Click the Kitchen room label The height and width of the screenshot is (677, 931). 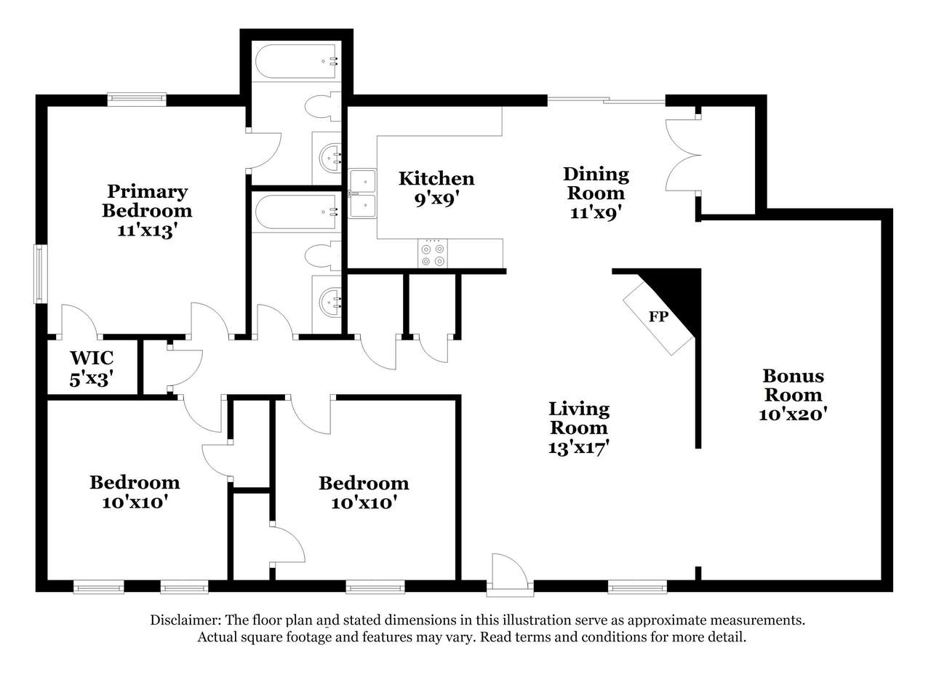436,179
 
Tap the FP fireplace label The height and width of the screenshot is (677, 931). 658,317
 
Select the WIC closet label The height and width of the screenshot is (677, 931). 92,358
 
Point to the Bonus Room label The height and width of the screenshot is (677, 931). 793,385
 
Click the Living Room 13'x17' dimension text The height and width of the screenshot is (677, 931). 578,448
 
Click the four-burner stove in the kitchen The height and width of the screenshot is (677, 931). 433,254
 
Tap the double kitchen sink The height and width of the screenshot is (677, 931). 362,193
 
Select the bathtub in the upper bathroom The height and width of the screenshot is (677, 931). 297,62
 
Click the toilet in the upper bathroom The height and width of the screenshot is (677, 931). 323,107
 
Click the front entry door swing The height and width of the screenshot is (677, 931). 510,572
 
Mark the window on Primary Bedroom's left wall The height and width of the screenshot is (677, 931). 40,274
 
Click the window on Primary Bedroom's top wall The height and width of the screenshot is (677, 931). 137,100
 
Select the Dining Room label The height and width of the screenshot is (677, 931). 596,184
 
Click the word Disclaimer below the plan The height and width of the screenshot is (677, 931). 185,620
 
